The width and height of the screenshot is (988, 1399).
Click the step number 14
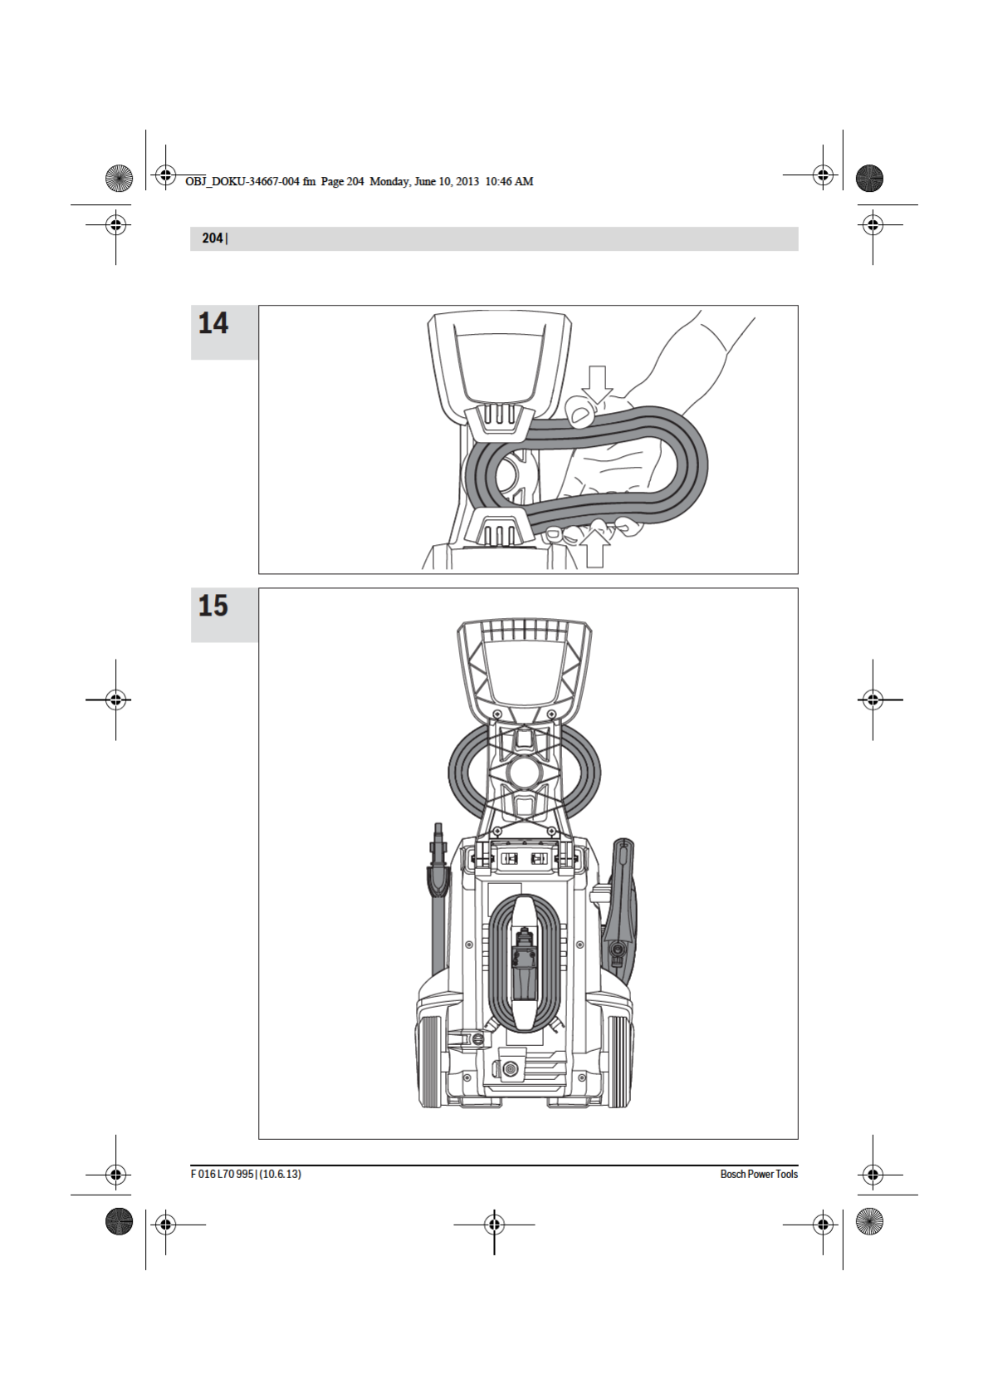click(x=213, y=323)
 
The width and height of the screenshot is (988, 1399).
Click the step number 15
click(x=213, y=606)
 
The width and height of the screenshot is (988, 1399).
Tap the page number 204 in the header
click(x=213, y=238)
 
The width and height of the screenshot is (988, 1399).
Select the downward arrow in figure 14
click(x=597, y=384)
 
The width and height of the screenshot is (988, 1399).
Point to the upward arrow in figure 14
click(x=595, y=547)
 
